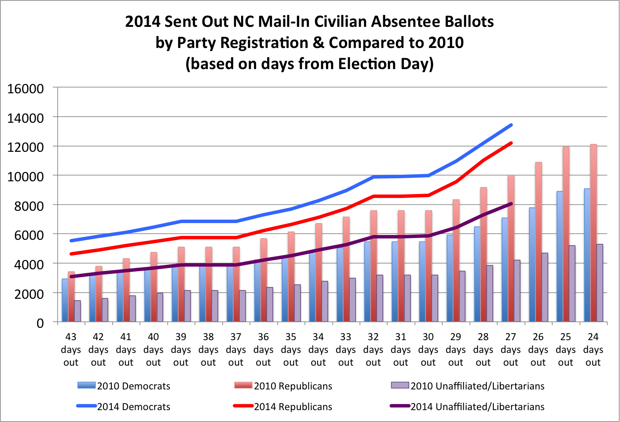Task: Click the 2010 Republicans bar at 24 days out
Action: [x=594, y=233]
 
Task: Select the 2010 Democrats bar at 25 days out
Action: [x=560, y=256]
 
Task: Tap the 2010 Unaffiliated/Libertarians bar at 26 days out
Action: [x=545, y=287]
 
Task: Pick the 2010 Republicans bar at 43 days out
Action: [x=71, y=297]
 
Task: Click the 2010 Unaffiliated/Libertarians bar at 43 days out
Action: [x=77, y=311]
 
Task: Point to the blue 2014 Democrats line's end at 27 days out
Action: [x=511, y=125]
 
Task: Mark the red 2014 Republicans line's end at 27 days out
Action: [x=511, y=143]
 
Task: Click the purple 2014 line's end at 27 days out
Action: [x=511, y=204]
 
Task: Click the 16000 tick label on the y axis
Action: [x=26, y=89]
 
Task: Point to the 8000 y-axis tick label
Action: [x=29, y=206]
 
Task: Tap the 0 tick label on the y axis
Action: [x=40, y=323]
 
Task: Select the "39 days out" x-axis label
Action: [x=181, y=350]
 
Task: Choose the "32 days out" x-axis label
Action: [x=374, y=350]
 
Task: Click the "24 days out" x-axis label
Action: [x=593, y=350]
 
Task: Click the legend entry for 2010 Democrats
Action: [x=124, y=386]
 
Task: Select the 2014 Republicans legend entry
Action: [x=282, y=407]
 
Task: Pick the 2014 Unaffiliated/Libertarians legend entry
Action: [x=467, y=407]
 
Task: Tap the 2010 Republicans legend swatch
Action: [x=243, y=385]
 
